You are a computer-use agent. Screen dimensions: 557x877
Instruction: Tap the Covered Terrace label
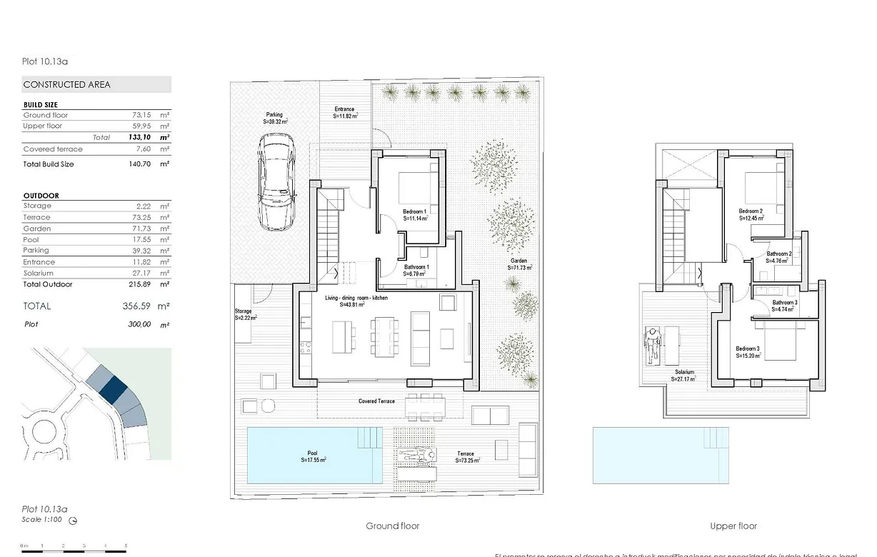[376, 401]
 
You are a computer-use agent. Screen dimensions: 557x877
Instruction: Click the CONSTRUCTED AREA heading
[66, 84]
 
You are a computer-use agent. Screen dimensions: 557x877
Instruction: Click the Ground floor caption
[393, 526]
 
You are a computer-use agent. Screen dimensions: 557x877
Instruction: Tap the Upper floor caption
[733, 526]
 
